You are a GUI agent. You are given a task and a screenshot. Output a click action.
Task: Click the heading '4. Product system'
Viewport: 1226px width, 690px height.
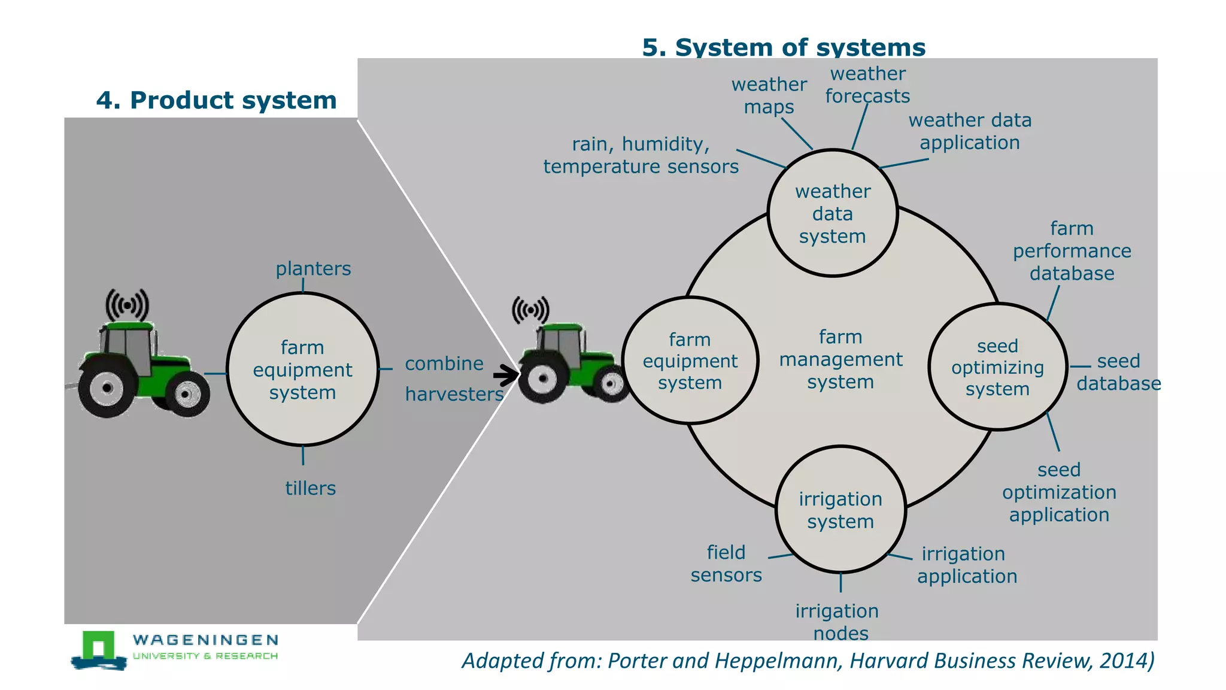(x=216, y=100)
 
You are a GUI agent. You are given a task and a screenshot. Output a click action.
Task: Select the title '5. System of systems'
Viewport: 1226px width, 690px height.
(x=784, y=47)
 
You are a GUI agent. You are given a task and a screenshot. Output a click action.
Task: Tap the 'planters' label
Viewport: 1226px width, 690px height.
(x=313, y=268)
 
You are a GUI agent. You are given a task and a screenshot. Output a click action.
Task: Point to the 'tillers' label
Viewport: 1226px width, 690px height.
(x=310, y=488)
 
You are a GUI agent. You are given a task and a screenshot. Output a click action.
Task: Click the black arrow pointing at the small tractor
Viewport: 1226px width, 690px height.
(x=506, y=376)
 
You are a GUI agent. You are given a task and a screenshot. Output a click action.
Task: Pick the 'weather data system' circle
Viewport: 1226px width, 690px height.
(x=832, y=213)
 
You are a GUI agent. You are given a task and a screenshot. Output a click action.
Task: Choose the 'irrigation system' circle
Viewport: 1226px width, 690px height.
(x=840, y=510)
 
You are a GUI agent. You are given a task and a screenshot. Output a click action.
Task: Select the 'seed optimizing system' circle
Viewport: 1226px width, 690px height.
(x=997, y=367)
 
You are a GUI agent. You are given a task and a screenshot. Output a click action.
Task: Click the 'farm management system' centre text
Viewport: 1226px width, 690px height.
(x=840, y=359)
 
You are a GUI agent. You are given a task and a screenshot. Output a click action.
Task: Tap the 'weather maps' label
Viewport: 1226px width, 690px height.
(x=769, y=95)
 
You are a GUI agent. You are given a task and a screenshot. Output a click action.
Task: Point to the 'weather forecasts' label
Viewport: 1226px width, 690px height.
(x=867, y=84)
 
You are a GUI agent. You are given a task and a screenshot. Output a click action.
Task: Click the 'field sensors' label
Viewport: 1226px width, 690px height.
(x=726, y=563)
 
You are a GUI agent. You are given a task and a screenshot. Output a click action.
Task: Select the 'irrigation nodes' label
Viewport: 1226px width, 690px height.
(x=837, y=622)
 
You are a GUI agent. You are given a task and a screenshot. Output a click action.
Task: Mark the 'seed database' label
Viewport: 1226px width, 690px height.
(x=1118, y=372)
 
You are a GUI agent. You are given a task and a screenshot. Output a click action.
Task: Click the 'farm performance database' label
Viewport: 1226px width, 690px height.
(x=1072, y=251)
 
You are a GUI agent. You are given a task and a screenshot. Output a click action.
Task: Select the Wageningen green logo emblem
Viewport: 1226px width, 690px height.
(x=99, y=649)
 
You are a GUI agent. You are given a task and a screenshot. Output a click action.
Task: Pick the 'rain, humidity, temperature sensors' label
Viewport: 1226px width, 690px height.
(x=641, y=155)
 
